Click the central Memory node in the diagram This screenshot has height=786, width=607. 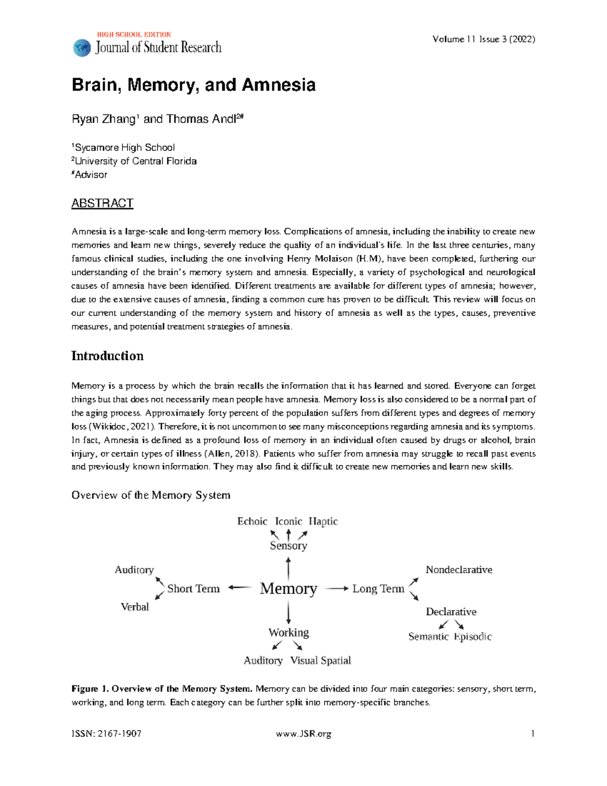288,589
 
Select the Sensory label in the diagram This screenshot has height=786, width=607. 288,546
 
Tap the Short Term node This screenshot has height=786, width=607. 193,589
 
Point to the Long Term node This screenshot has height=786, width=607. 378,589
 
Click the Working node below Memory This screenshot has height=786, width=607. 288,633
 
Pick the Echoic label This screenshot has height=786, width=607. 252,521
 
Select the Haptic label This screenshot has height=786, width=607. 323,521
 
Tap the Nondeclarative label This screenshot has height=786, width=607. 459,570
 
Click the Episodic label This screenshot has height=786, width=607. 472,637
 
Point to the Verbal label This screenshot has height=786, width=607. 135,607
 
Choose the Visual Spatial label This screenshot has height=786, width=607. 320,660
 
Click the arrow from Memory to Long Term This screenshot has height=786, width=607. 336,589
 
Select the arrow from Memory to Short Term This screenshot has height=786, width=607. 240,588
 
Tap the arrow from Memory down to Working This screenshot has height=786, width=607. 288,612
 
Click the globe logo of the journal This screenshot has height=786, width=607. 82,48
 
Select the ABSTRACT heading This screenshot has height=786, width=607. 102,203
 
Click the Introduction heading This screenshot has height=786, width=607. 107,356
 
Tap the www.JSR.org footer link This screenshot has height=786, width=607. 303,734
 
